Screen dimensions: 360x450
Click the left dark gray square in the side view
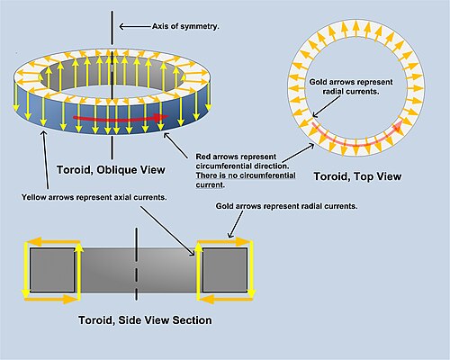[48, 269]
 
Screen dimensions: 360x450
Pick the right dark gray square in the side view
[222, 269]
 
